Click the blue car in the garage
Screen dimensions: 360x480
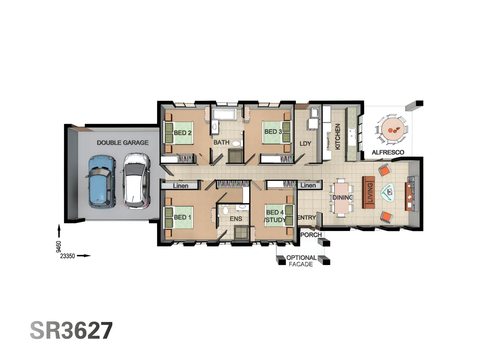click(102, 181)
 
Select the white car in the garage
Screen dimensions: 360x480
click(136, 181)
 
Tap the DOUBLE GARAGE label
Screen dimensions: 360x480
click(123, 143)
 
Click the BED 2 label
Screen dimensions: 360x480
click(183, 133)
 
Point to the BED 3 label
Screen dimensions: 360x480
click(273, 132)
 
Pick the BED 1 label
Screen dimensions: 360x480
click(183, 217)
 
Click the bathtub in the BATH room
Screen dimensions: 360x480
click(224, 114)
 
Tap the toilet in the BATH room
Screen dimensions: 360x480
click(236, 144)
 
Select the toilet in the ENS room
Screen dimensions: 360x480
click(226, 210)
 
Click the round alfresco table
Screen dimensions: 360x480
click(393, 129)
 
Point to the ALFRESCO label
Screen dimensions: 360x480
click(388, 152)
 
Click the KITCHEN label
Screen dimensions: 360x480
click(337, 137)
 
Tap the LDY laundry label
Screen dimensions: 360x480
click(305, 144)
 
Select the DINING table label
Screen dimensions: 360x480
click(342, 198)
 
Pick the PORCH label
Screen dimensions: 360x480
click(311, 235)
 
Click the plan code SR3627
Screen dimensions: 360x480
click(71, 331)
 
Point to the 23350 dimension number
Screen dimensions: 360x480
click(67, 256)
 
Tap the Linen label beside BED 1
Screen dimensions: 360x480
click(180, 186)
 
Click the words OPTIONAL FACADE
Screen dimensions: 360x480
click(301, 261)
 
